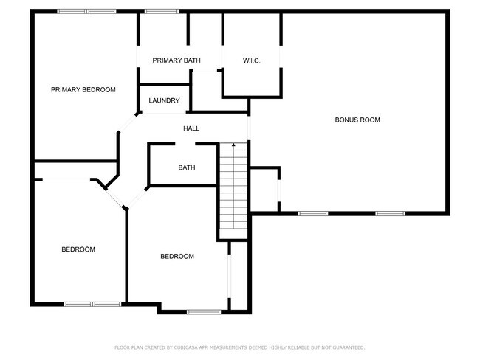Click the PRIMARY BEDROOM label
(x=83, y=90)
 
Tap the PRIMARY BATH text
(x=176, y=60)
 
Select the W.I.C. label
(x=251, y=60)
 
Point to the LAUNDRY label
(x=164, y=100)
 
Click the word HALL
(x=191, y=128)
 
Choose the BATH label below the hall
(x=187, y=167)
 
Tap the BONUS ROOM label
(x=357, y=120)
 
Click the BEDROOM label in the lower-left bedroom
(x=78, y=249)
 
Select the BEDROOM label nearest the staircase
(x=177, y=256)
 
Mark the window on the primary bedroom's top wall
(x=86, y=11)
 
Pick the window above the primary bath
(x=161, y=11)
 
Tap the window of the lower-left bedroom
(x=92, y=303)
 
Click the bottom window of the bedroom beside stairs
(x=204, y=311)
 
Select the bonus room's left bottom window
(x=312, y=213)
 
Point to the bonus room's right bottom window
(x=390, y=213)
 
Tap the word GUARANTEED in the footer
(x=348, y=347)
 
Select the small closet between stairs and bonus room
(x=264, y=190)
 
